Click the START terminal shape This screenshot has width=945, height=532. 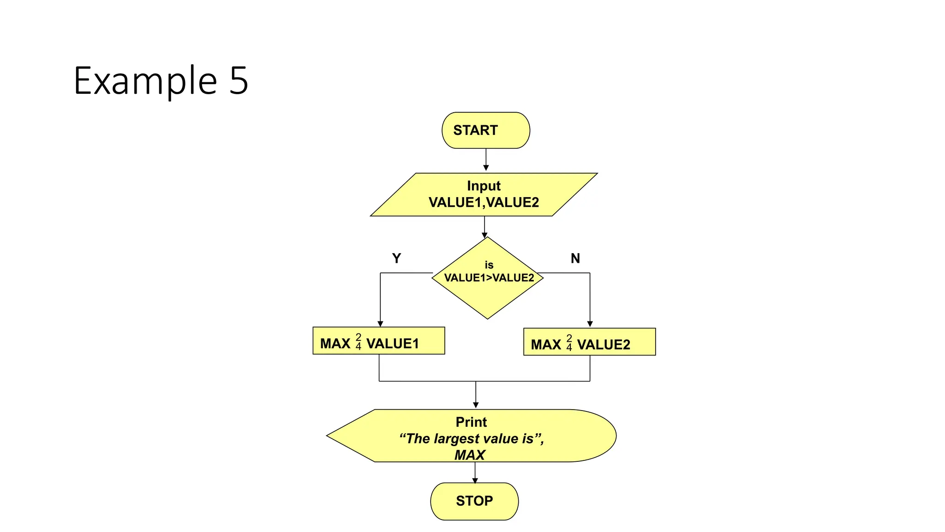[485, 130]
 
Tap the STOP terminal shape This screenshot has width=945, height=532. [474, 501]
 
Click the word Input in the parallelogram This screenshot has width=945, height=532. [484, 186]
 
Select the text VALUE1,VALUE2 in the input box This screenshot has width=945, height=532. [484, 202]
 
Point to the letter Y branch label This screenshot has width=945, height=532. [396, 258]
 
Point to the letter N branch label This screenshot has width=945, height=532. [575, 258]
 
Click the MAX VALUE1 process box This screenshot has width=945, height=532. [379, 341]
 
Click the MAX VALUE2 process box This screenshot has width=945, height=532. [589, 342]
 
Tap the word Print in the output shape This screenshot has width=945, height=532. [471, 422]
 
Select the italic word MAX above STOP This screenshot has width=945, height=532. [470, 455]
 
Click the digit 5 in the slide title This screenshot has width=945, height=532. [239, 81]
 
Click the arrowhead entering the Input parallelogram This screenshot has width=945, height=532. [486, 168]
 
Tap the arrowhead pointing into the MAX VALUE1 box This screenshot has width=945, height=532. [380, 324]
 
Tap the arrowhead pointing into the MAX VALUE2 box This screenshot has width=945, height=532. [590, 324]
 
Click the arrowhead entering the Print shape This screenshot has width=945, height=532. [476, 405]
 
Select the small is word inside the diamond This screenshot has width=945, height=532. [489, 265]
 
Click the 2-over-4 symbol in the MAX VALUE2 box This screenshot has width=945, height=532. [569, 343]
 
